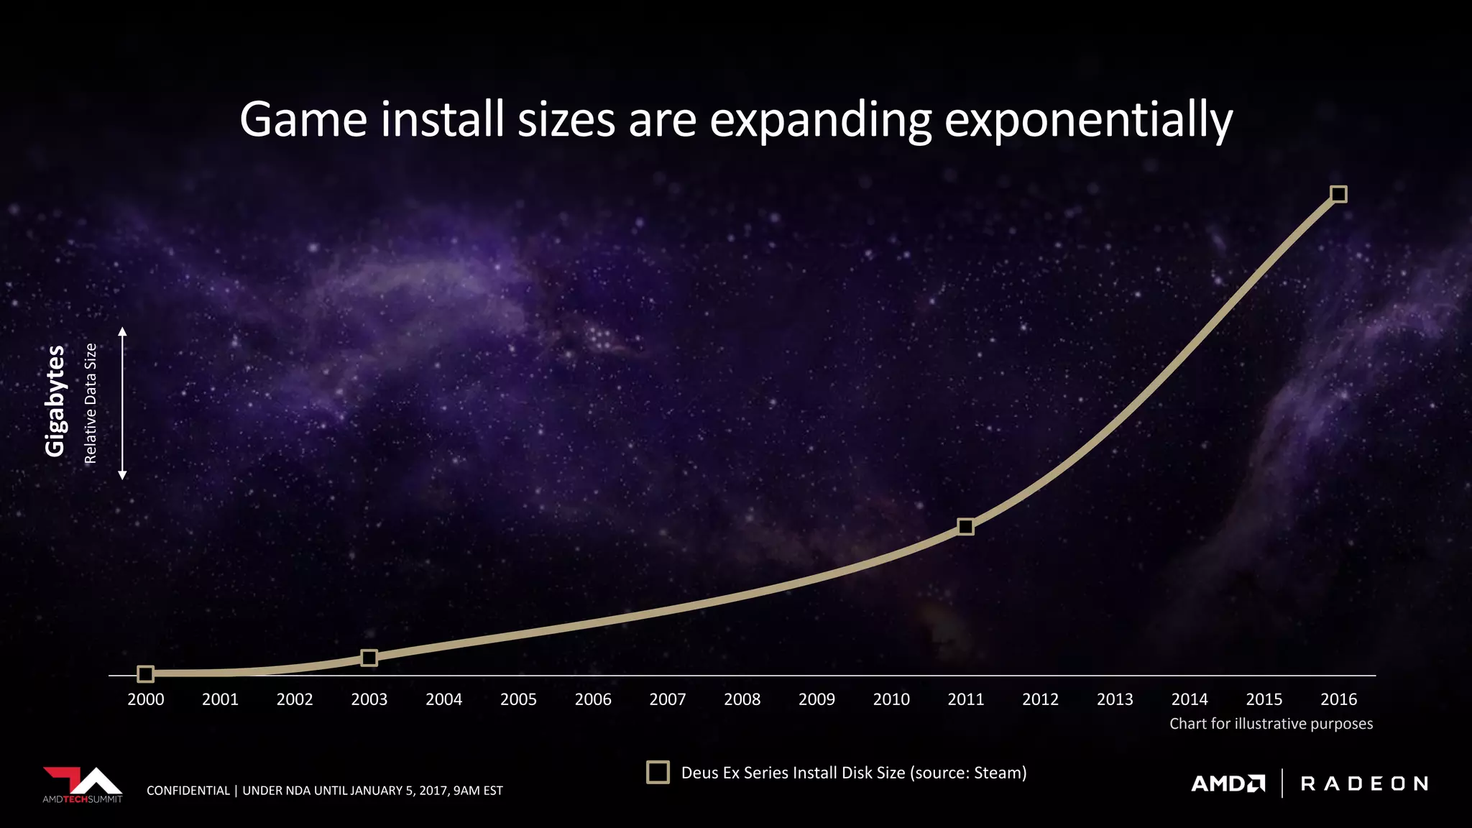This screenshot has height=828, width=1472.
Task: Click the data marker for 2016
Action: (1338, 194)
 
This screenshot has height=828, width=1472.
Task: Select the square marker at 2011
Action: (966, 527)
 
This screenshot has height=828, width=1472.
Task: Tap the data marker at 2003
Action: (369, 658)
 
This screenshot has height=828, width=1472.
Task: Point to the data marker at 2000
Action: (145, 673)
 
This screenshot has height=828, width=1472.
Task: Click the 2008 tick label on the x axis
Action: (742, 699)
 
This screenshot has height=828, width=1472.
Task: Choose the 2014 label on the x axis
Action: (1190, 699)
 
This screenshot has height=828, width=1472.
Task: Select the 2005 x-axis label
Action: (518, 699)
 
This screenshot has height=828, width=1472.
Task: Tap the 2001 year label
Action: (220, 699)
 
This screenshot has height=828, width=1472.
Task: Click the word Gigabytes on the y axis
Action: (55, 400)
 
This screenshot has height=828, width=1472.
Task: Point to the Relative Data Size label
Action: (91, 403)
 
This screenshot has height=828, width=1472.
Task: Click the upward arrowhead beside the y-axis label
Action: (122, 331)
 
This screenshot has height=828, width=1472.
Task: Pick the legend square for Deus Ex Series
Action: (658, 772)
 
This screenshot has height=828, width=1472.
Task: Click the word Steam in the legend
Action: (997, 773)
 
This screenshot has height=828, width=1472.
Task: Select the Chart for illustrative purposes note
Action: (1271, 724)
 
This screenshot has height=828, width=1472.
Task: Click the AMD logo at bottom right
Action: (1228, 783)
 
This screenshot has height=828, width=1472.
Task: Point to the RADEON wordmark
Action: (1364, 783)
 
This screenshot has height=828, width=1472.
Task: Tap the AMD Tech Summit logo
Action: (83, 784)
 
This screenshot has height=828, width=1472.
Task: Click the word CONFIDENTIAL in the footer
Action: (188, 791)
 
